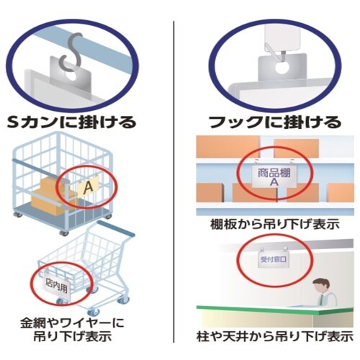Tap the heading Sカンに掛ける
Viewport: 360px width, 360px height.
click(71, 122)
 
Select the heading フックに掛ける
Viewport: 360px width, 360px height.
click(275, 122)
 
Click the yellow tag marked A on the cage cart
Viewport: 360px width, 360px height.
click(88, 186)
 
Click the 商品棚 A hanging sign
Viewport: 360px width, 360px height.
click(274, 176)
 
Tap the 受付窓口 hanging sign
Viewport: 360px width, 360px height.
click(274, 259)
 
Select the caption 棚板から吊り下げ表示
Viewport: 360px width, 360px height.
click(275, 225)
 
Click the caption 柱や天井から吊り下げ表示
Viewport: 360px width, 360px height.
click(275, 336)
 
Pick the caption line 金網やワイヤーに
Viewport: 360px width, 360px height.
click(72, 323)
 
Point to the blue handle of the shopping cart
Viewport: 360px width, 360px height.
click(115, 228)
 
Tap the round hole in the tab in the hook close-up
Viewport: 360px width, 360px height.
click(282, 68)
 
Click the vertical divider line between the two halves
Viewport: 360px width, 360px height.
click(174, 181)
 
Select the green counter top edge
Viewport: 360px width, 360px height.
click(275, 309)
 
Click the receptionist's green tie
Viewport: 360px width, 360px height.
click(322, 300)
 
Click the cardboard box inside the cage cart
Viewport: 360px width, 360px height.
click(49, 196)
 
